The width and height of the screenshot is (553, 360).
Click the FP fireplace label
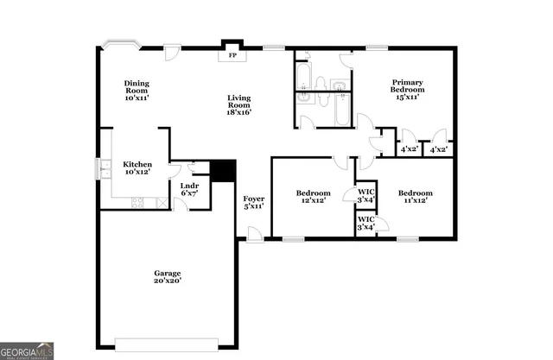click(x=232, y=56)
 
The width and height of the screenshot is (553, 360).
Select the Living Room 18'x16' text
click(x=239, y=104)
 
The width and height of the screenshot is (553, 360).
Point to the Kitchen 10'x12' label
click(x=137, y=167)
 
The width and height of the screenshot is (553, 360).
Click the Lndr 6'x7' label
click(x=189, y=190)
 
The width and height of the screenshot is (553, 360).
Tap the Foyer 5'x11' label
click(x=253, y=202)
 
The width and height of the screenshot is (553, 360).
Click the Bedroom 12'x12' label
click(x=313, y=197)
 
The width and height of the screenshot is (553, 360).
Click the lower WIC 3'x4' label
click(x=366, y=224)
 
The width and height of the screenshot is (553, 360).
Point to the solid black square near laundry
click(x=224, y=170)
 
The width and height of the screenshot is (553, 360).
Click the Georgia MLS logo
click(x=28, y=350)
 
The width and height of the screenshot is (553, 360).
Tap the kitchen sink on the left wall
click(x=103, y=168)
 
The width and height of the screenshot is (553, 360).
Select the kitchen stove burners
click(x=137, y=203)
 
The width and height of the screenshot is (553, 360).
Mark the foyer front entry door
click(x=253, y=234)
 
